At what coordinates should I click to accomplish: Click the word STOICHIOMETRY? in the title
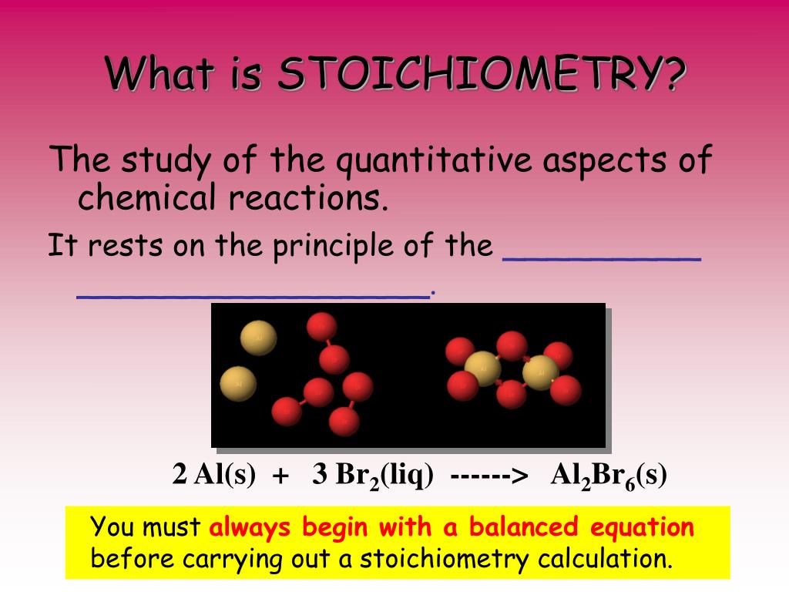481,75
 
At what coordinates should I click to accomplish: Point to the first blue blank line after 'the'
601,261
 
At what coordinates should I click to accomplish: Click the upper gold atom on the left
258,338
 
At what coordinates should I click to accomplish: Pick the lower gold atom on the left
239,382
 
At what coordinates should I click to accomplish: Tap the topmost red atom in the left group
321,327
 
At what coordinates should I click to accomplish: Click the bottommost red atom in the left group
344,421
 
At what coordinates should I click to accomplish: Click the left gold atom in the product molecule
483,368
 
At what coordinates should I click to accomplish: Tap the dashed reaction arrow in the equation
490,476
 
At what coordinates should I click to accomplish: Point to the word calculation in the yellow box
605,558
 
